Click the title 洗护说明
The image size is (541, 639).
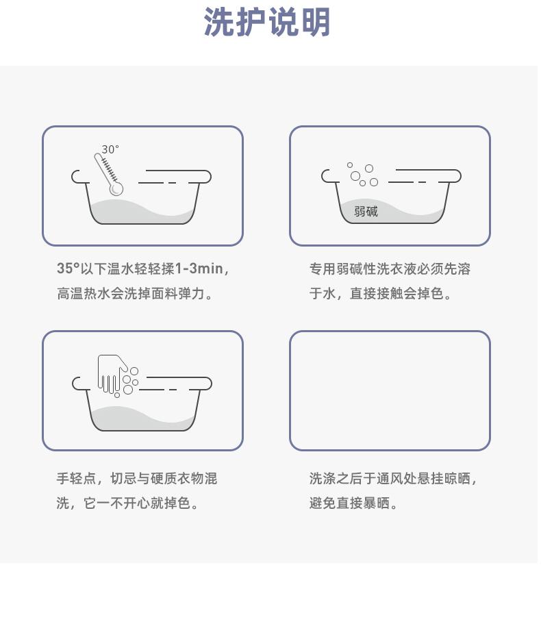pos(267,22)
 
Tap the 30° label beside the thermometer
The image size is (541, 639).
pos(110,149)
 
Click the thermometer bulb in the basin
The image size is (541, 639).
pos(116,188)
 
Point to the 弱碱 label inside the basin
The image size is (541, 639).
pos(366,211)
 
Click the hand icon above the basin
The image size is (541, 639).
pos(110,373)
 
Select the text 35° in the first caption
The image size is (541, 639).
pos(68,268)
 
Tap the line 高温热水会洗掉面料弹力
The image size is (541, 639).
pos(134,293)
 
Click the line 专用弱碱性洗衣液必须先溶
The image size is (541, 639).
pos(390,269)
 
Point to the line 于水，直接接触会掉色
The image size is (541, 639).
pos(380,293)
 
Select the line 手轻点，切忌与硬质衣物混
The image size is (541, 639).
pos(137,479)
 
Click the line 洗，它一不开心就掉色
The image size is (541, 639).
pos(127,503)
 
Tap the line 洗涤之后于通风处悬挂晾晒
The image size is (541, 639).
pos(392,479)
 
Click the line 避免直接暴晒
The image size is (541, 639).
pos(353,503)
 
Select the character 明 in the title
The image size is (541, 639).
pos(315,22)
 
